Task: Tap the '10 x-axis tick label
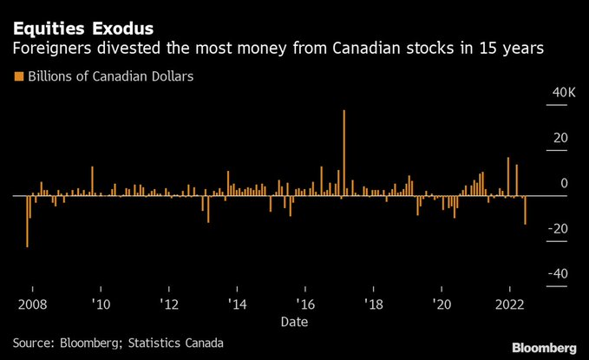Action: click(101, 304)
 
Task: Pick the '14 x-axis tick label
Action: click(237, 304)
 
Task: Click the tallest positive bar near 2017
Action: click(344, 153)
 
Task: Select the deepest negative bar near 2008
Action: click(27, 221)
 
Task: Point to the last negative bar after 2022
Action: click(526, 210)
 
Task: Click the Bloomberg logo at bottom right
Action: click(543, 347)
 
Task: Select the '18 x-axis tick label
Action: click(373, 304)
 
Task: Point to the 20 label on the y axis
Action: click(561, 138)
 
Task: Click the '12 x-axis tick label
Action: click(169, 304)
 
